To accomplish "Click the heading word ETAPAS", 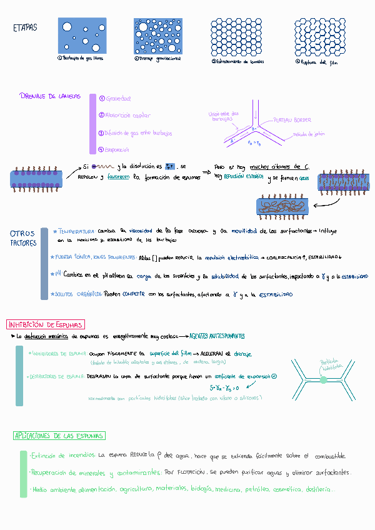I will pyautogui.click(x=24, y=28).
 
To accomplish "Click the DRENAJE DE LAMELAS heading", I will pyautogui.click(x=50, y=96).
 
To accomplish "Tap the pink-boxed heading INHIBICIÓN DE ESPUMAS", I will pyautogui.click(x=45, y=324).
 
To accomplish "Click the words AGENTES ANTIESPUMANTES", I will pyautogui.click(x=217, y=336).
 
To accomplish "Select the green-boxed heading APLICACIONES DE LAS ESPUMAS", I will pyautogui.click(x=59, y=435).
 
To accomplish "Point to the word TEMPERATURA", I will pyautogui.click(x=76, y=231).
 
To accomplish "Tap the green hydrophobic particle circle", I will pyautogui.click(x=323, y=379).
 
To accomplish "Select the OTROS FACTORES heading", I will pyautogui.click(x=23, y=238).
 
